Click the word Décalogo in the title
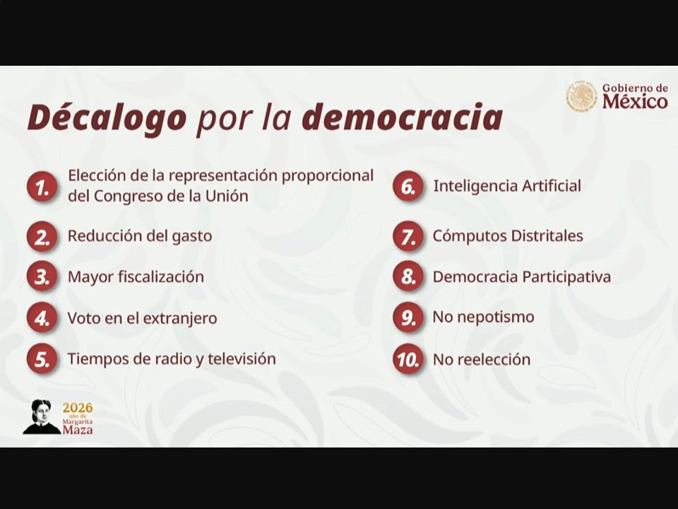107,117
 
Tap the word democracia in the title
402,117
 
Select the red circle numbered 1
42,187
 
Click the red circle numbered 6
408,186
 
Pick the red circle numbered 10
408,359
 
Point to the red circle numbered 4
42,318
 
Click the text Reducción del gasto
140,236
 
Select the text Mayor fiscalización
136,276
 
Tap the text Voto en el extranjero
142,318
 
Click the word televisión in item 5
242,358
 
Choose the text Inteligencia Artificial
507,186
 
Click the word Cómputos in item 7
469,236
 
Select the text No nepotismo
483,317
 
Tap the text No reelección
482,359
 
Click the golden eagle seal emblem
581,97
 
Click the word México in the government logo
635,102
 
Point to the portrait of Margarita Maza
42,416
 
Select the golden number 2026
78,408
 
